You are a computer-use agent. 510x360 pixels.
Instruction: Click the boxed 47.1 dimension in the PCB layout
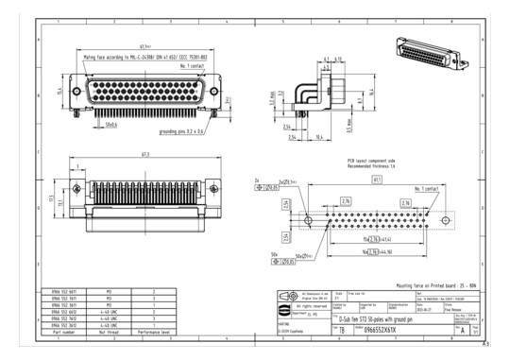point(377,179)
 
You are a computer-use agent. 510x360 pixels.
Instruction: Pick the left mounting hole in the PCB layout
point(312,214)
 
